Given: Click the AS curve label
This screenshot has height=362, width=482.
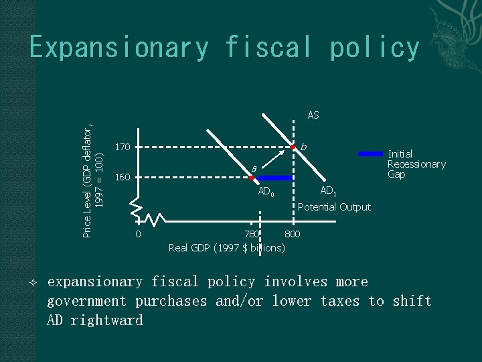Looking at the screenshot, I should pyautogui.click(x=313, y=115).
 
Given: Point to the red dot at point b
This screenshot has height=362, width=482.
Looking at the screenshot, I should pyautogui.click(x=292, y=146).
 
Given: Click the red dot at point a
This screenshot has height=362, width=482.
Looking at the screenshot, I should pyautogui.click(x=251, y=178).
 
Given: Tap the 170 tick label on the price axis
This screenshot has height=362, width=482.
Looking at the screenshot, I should pyautogui.click(x=122, y=146).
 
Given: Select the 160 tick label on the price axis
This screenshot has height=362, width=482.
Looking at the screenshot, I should pyautogui.click(x=122, y=178).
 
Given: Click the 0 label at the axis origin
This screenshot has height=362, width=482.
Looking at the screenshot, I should pyautogui.click(x=138, y=234).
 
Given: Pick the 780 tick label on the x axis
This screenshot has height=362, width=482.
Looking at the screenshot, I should pyautogui.click(x=251, y=234).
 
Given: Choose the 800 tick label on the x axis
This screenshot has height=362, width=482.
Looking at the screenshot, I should pyautogui.click(x=293, y=234).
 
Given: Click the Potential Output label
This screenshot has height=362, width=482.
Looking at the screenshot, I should pyautogui.click(x=334, y=206).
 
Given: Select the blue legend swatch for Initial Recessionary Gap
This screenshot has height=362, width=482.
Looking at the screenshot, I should pyautogui.click(x=371, y=154).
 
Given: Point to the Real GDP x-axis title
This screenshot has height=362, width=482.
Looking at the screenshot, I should pyautogui.click(x=227, y=248).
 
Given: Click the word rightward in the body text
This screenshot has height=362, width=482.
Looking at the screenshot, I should pyautogui.click(x=94, y=320).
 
